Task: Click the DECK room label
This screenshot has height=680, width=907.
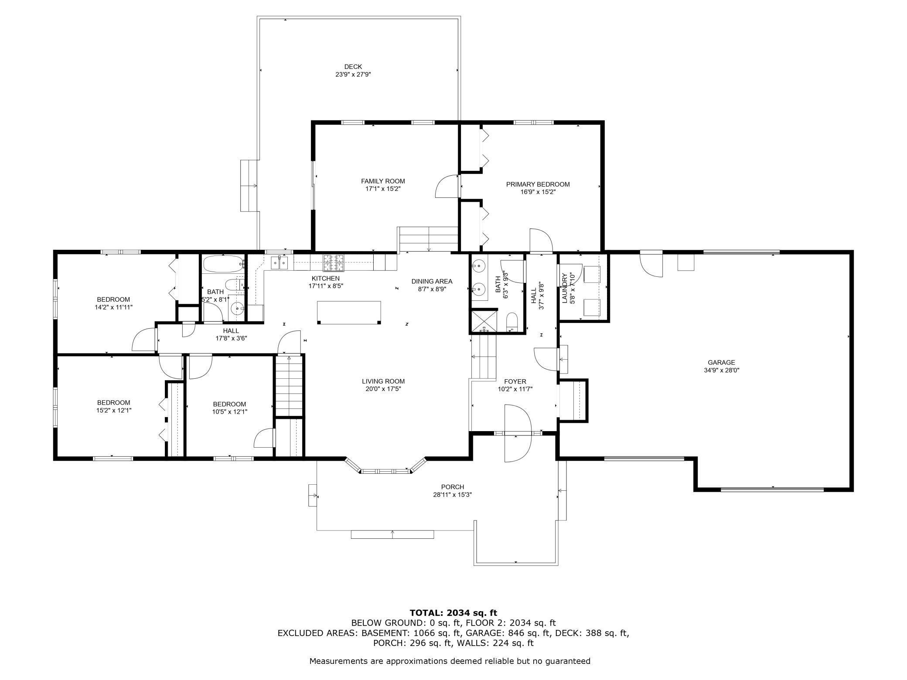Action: pos(353,67)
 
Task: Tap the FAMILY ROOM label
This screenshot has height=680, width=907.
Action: pos(383,181)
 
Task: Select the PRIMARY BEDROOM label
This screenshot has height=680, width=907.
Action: pos(538,184)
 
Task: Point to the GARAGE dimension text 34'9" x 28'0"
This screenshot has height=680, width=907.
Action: pos(721,370)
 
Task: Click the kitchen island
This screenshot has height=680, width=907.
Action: pos(349,312)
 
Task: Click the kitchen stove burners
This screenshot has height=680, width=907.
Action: pos(334,263)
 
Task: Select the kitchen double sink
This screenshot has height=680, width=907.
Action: pos(279,262)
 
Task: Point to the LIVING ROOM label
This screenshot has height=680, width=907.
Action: pos(383,381)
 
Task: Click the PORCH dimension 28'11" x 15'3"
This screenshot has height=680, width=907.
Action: pos(452,495)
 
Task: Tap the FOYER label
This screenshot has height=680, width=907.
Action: pos(515,381)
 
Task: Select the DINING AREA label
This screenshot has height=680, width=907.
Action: pos(432,281)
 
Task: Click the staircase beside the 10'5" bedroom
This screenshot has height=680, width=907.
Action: pos(289,386)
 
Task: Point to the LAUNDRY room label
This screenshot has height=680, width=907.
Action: pos(564,288)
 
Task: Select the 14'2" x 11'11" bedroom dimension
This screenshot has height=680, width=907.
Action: pos(113,307)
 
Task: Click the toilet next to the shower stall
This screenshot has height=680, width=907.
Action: pos(512,321)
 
